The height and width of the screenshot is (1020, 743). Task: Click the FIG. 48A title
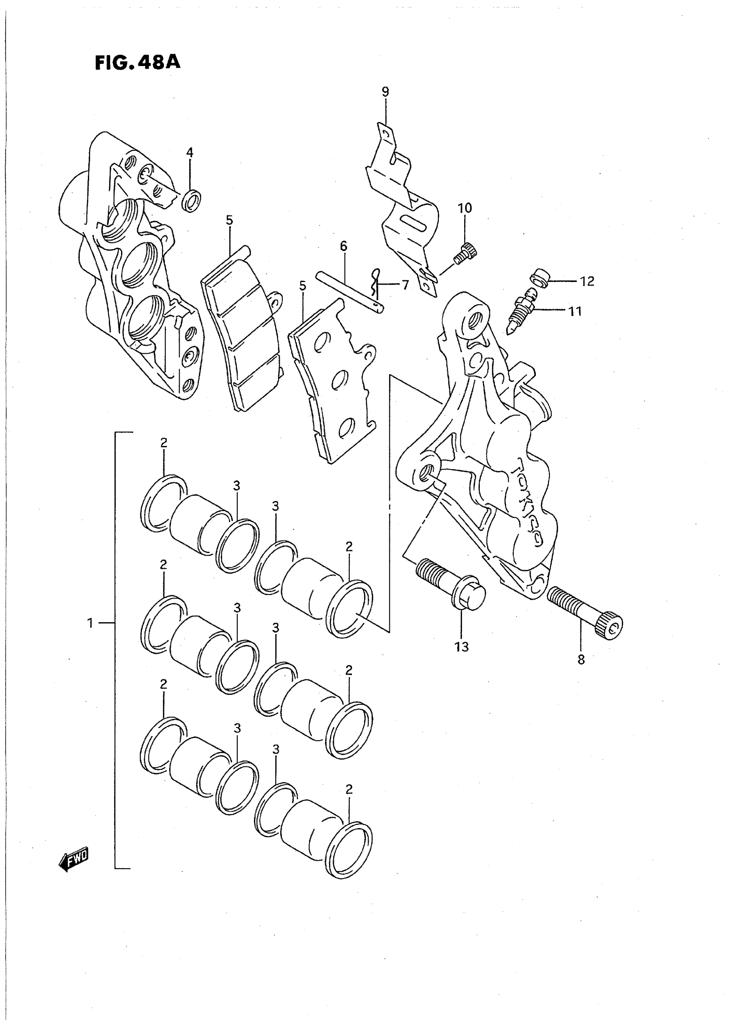pyautogui.click(x=137, y=63)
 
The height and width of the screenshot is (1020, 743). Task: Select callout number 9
pyautogui.click(x=385, y=92)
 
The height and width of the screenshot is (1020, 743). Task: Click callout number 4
pyautogui.click(x=190, y=153)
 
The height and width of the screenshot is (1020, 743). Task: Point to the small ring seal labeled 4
pyautogui.click(x=191, y=201)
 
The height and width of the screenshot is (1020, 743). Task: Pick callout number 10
pyautogui.click(x=465, y=208)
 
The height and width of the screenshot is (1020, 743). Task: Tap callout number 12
pyautogui.click(x=587, y=281)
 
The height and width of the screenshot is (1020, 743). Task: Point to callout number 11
pyautogui.click(x=575, y=311)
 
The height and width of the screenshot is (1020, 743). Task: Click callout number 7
pyautogui.click(x=405, y=285)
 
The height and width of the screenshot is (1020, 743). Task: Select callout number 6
pyautogui.click(x=344, y=246)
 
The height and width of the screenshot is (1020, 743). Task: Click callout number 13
pyautogui.click(x=462, y=647)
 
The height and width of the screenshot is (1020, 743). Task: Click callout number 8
pyautogui.click(x=581, y=660)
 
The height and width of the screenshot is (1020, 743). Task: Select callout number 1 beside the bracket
pyautogui.click(x=90, y=623)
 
